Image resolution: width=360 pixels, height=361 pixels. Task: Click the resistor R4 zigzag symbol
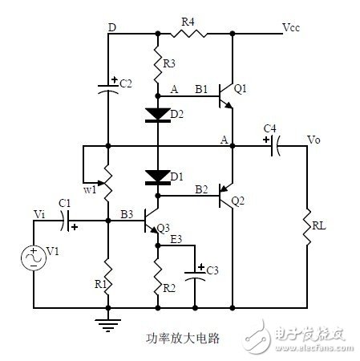click(x=188, y=34)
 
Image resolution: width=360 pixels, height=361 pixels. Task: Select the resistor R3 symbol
click(x=158, y=63)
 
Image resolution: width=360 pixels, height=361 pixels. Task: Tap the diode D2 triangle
click(x=158, y=113)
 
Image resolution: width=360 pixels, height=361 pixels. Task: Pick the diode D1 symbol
click(x=158, y=177)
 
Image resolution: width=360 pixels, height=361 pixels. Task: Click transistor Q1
click(x=225, y=95)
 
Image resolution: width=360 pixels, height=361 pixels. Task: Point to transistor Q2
click(x=225, y=196)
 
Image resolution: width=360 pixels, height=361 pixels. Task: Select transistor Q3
click(x=152, y=221)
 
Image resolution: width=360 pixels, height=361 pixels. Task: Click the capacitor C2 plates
click(x=108, y=89)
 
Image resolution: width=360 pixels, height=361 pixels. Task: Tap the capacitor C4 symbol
click(x=275, y=146)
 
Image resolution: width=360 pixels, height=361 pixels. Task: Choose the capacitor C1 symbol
click(x=65, y=221)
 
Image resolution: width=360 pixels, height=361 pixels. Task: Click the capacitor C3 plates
click(x=195, y=276)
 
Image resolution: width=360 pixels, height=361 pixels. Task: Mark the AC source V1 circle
click(x=34, y=258)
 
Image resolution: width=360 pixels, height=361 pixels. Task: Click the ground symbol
click(x=108, y=324)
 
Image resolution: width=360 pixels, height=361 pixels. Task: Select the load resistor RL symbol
click(x=307, y=227)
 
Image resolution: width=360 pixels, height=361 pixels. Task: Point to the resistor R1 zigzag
click(x=108, y=277)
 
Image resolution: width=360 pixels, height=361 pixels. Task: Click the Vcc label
click(x=291, y=27)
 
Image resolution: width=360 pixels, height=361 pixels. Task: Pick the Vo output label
click(x=313, y=140)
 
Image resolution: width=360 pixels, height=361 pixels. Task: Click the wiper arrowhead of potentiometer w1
click(x=100, y=183)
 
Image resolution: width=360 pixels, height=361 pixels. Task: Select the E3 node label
click(x=176, y=239)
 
